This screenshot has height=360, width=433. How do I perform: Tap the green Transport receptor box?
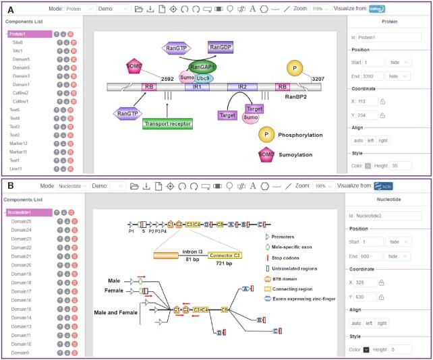pyautogui.click(x=167, y=123)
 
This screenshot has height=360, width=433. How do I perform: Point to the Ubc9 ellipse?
pyautogui.click(x=203, y=78)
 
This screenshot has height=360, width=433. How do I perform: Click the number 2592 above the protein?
pyautogui.click(x=168, y=79)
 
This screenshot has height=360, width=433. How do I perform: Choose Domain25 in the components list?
pyautogui.click(x=22, y=221)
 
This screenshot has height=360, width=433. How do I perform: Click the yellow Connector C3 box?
pyautogui.click(x=224, y=256)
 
